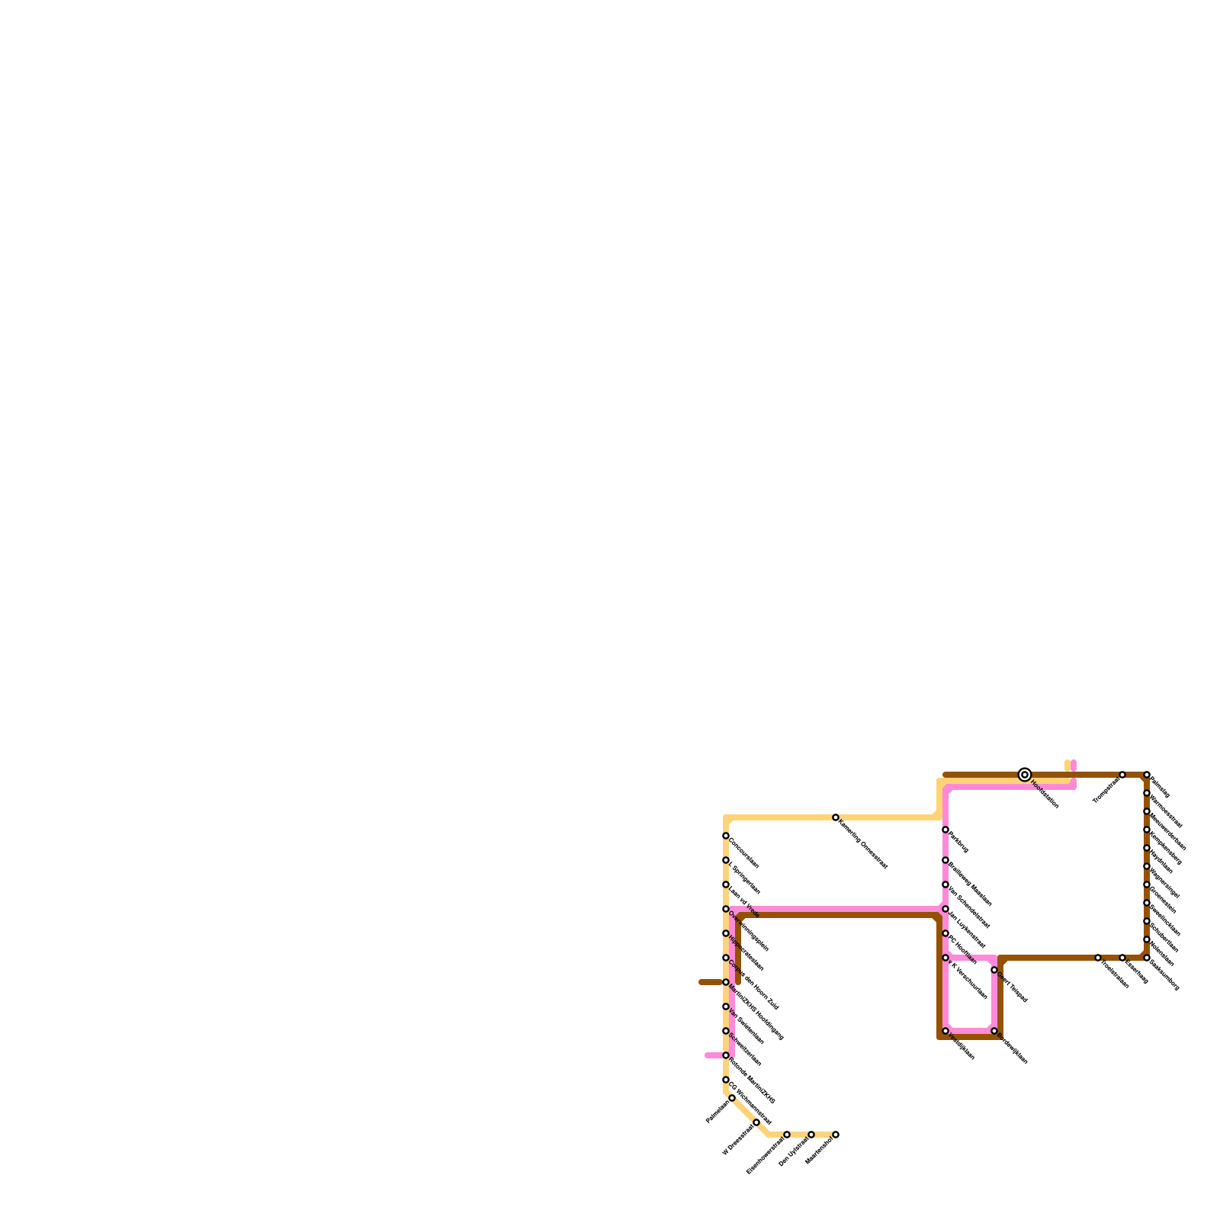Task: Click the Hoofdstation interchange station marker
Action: (x=1025, y=775)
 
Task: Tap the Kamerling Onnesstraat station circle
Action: (x=836, y=817)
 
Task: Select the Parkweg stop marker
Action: (x=945, y=830)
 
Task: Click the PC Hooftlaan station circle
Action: (x=945, y=933)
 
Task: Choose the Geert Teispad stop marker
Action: (x=994, y=970)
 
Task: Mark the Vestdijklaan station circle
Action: (x=945, y=1031)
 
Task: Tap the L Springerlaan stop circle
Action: (x=726, y=860)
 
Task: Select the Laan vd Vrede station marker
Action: (x=726, y=884)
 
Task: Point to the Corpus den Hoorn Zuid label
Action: (x=753, y=984)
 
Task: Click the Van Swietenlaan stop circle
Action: (x=726, y=1006)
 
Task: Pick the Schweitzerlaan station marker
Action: (x=726, y=1031)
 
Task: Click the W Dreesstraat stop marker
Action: (x=756, y=1122)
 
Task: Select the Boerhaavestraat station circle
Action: (x=787, y=1135)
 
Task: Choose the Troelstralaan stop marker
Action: (x=1098, y=958)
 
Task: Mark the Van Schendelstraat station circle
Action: (x=945, y=884)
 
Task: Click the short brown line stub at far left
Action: (x=711, y=982)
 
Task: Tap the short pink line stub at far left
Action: (x=714, y=1055)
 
